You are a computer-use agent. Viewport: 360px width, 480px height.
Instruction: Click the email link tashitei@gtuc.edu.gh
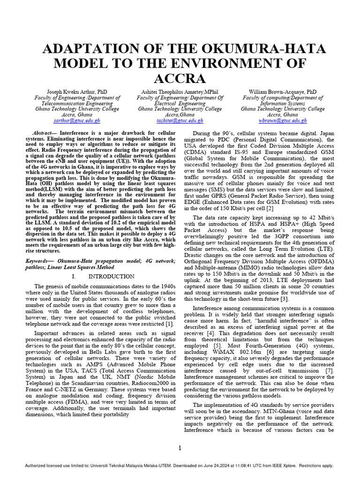pos(180,120)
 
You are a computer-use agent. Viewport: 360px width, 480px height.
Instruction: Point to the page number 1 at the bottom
pos(180,448)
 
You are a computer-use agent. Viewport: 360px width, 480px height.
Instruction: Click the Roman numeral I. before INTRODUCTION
pos(74,277)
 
